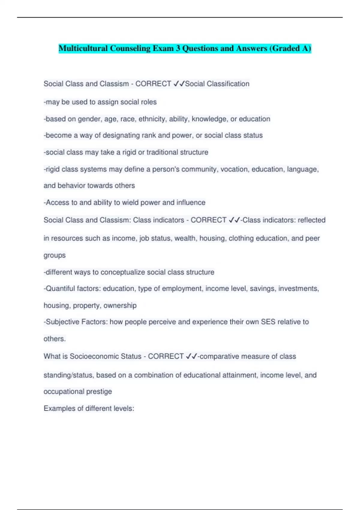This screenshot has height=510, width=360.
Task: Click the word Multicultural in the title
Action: coord(83,48)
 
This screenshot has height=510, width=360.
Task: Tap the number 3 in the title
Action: coord(178,48)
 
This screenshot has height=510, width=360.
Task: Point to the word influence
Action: coord(191,203)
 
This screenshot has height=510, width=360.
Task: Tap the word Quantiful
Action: coord(60,289)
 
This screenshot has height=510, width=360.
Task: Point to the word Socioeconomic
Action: coord(94,356)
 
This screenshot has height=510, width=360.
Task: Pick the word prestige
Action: coord(99,391)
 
